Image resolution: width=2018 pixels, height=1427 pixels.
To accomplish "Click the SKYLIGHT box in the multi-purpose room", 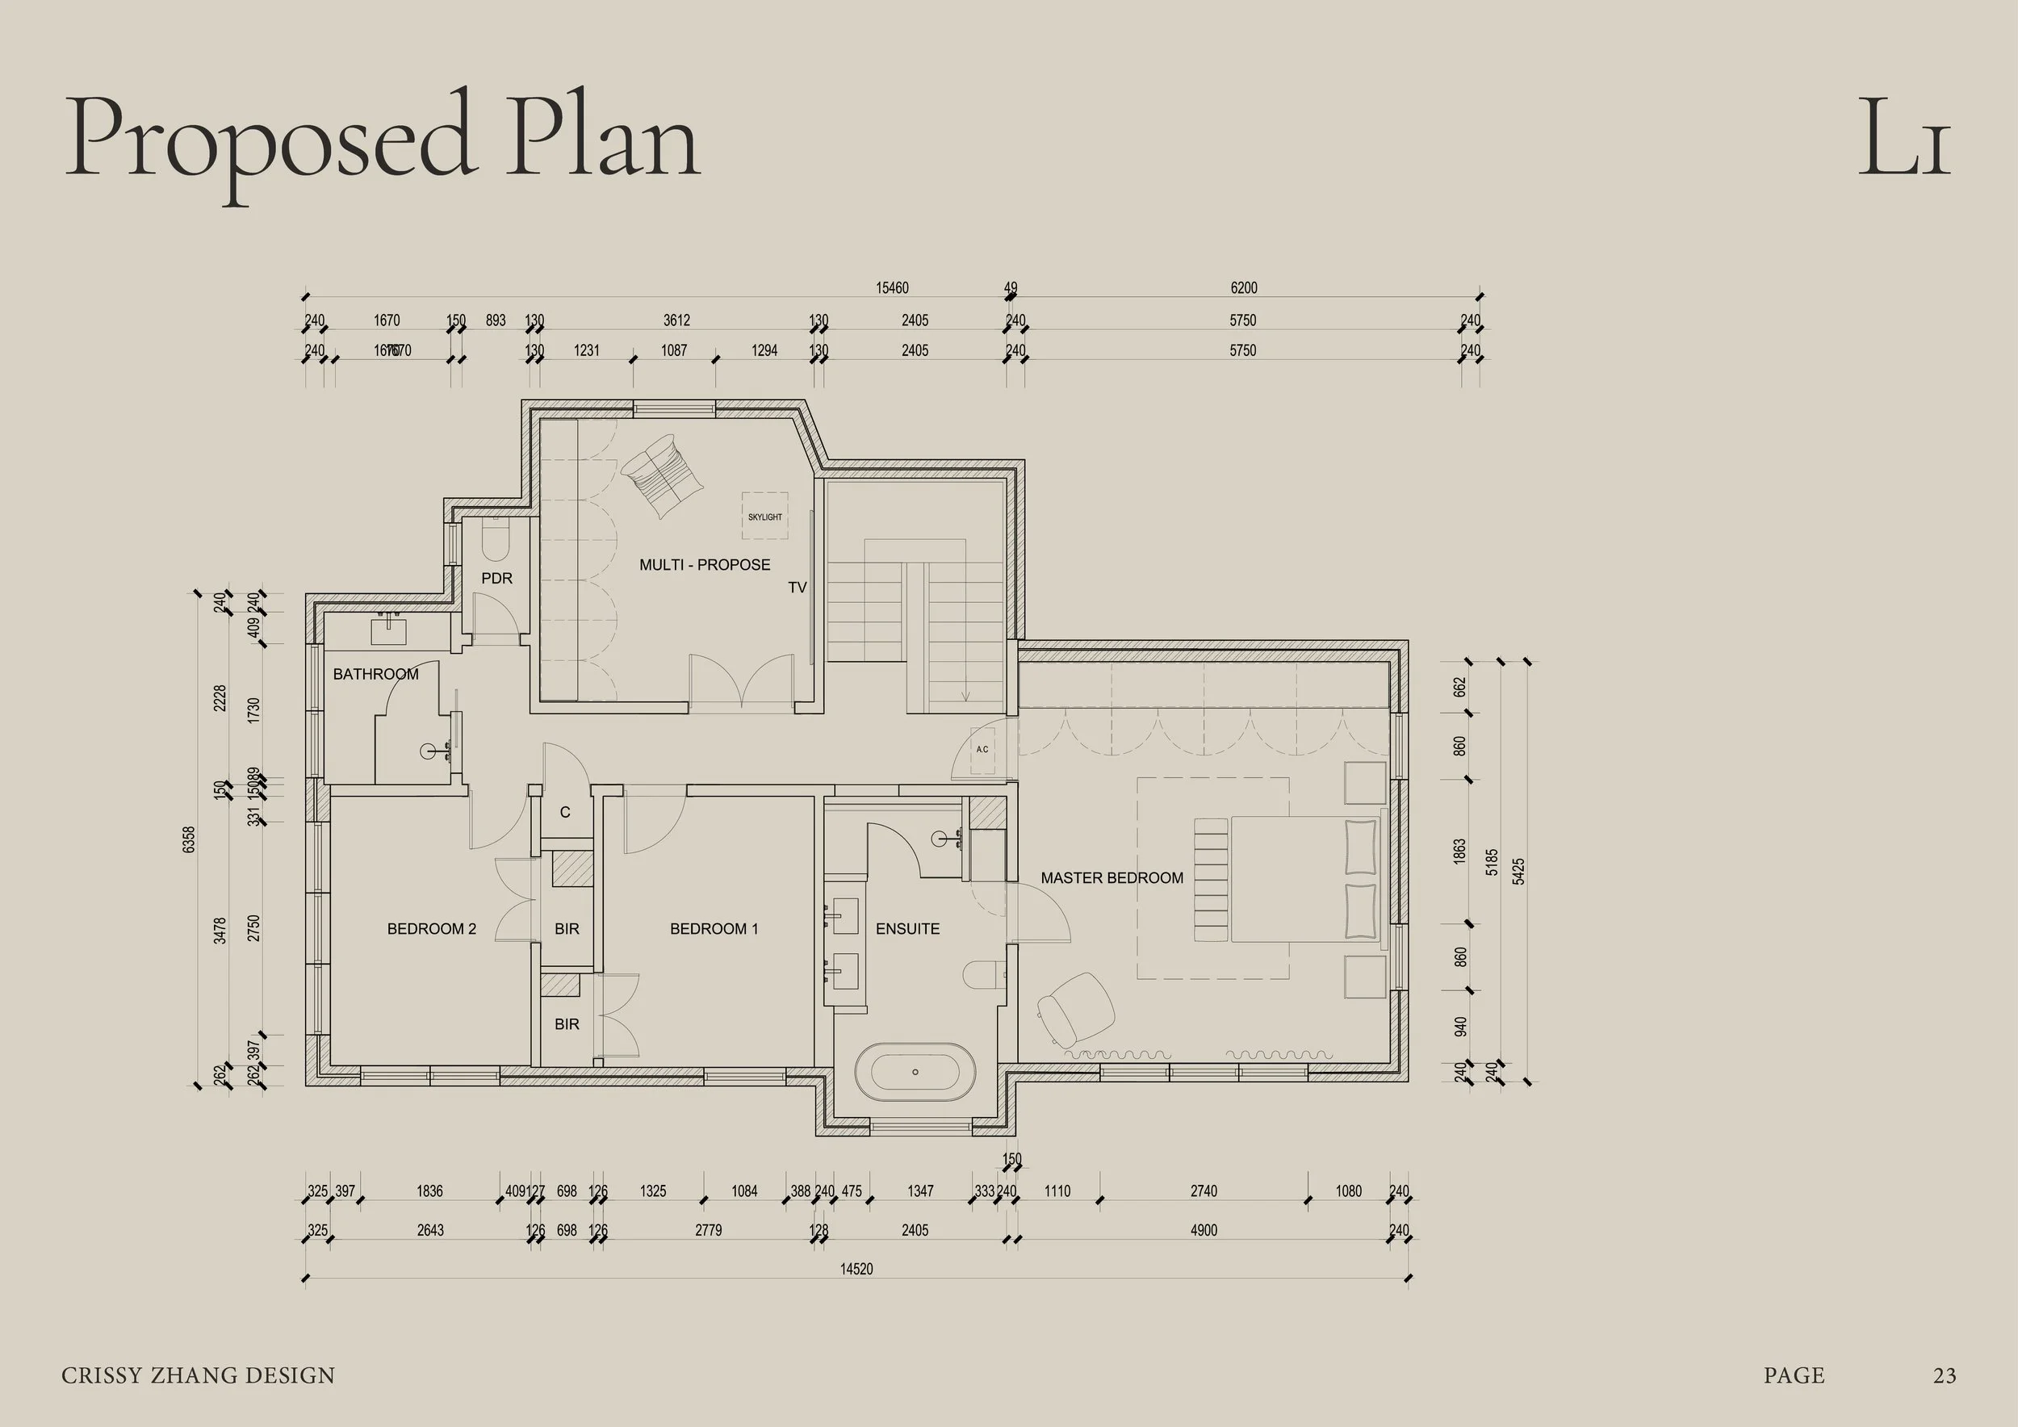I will point(764,516).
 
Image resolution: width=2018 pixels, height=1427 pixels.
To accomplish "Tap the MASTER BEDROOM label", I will point(1112,878).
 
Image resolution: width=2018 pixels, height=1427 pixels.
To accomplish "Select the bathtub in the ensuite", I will point(915,1072).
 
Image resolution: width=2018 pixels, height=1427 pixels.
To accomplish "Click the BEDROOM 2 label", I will point(432,929).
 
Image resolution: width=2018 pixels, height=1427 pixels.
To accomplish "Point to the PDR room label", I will point(496,578).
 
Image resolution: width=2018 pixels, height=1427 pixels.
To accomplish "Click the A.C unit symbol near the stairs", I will point(982,750).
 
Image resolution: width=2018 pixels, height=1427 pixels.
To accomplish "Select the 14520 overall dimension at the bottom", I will point(856,1269).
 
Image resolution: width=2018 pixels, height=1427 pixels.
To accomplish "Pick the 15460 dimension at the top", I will point(891,287).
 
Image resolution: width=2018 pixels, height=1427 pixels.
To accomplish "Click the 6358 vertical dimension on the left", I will point(189,839).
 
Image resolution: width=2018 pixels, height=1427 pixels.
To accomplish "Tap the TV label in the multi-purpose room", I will point(796,587).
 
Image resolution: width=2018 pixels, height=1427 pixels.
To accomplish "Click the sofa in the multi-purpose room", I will point(663,475).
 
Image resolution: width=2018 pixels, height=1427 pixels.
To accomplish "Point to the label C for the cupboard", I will point(565,813).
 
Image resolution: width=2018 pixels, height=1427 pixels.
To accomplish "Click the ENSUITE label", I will point(907,929).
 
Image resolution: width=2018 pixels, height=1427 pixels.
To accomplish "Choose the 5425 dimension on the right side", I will point(1520,871).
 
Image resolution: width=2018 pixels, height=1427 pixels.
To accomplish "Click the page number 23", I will point(1945,1375).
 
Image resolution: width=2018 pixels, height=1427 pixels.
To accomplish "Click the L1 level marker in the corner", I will point(1903,138).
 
